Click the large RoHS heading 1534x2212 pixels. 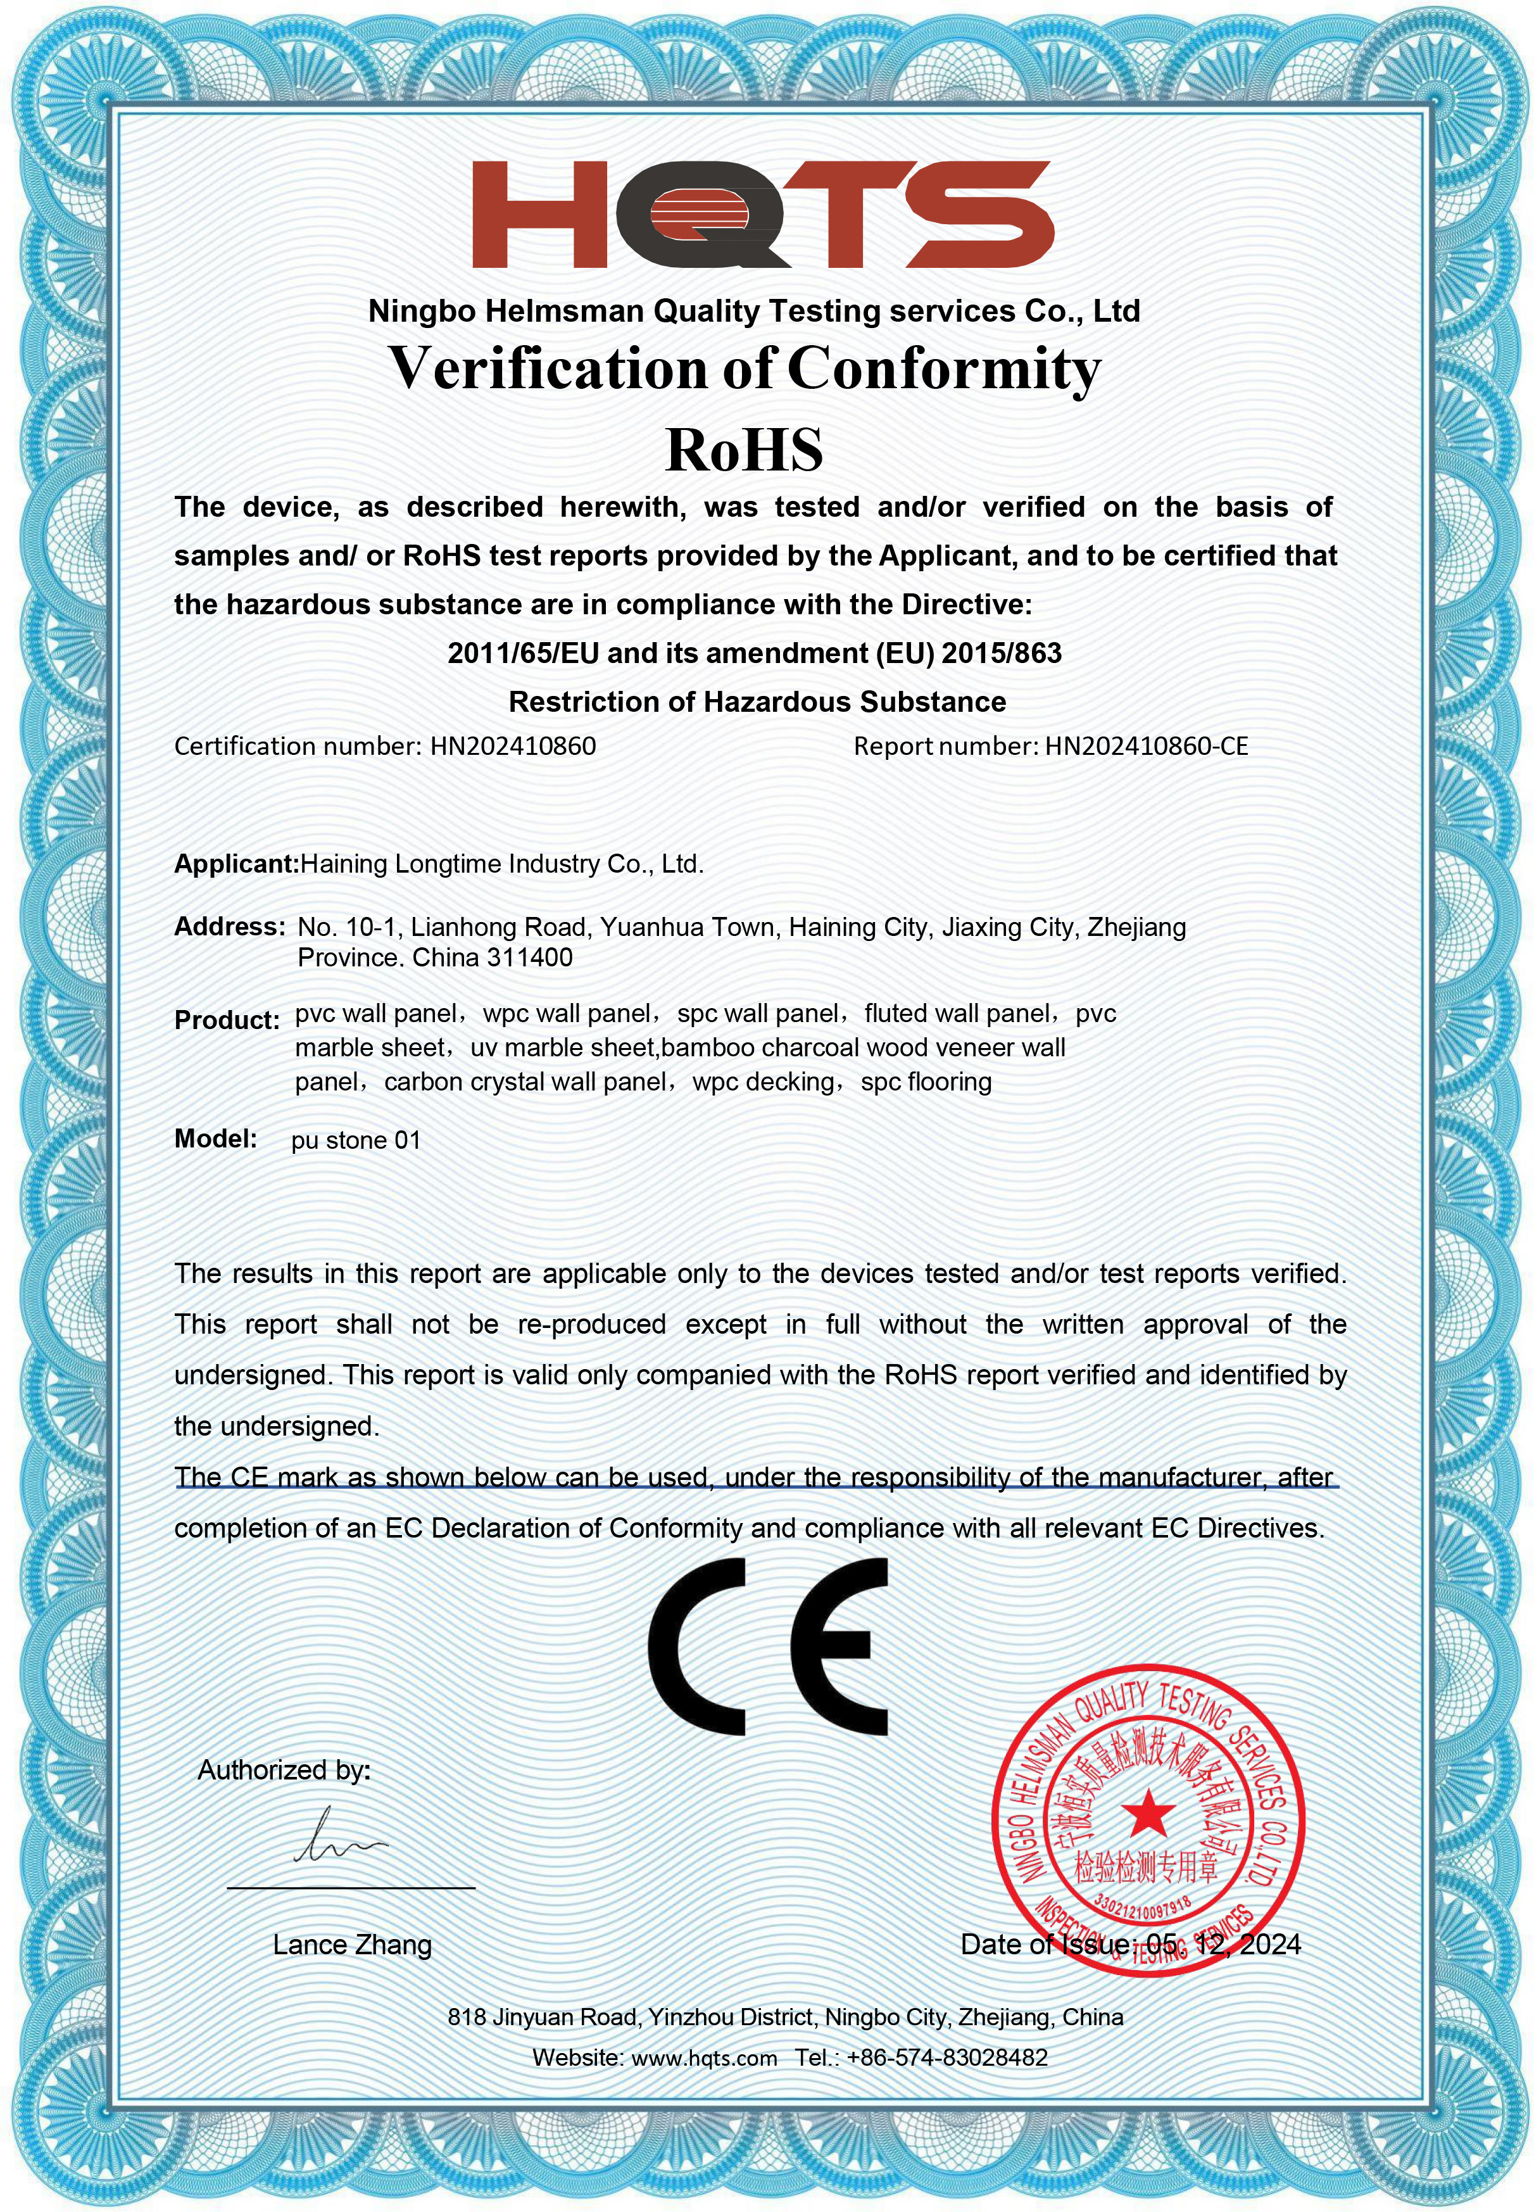[745, 450]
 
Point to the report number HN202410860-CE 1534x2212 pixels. [1146, 746]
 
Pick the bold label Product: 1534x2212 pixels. [227, 1020]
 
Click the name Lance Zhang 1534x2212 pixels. [352, 1945]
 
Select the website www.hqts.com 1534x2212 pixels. [705, 2058]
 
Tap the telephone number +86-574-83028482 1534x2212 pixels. [946, 2058]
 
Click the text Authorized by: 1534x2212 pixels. [284, 1770]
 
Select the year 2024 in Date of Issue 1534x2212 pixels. [1270, 1945]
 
